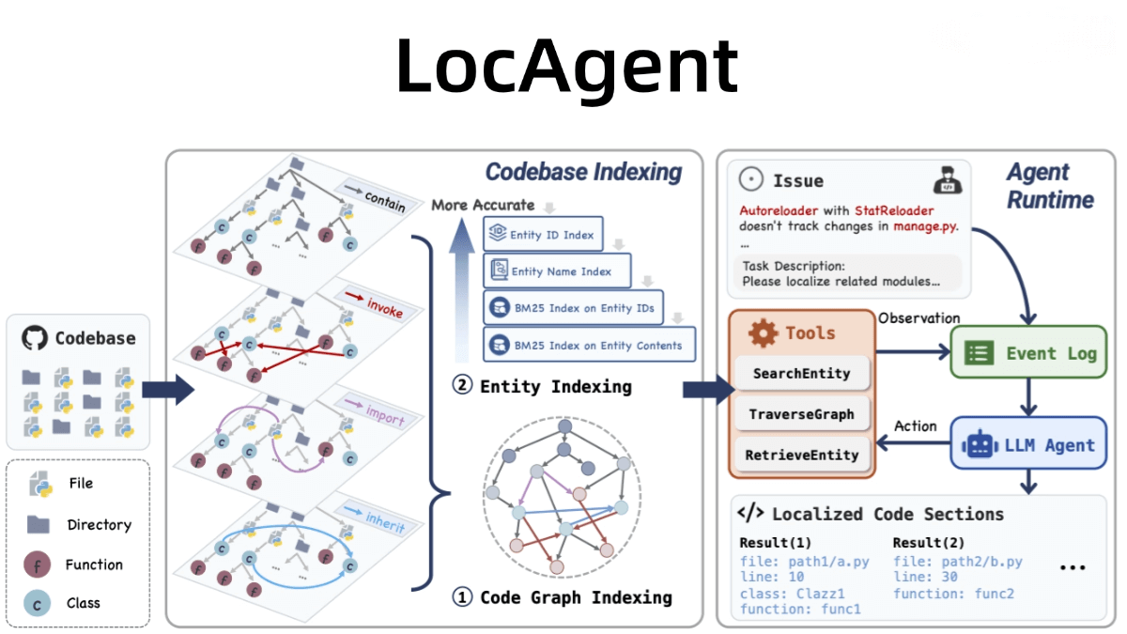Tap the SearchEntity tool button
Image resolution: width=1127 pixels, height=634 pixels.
coord(801,373)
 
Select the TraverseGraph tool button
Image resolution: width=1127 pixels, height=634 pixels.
coord(801,413)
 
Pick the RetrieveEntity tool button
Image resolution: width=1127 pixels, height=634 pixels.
coord(801,455)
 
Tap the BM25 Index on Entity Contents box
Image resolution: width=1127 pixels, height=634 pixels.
coord(589,345)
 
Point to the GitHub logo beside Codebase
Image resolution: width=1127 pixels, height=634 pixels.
coord(34,338)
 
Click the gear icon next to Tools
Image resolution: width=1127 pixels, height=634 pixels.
coord(762,332)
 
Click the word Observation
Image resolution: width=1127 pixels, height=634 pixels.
coord(919,318)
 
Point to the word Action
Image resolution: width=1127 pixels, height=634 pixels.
coord(915,425)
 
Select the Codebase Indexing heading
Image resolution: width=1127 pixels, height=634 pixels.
coord(583,172)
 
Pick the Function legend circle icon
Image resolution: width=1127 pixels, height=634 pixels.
coord(37,564)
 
